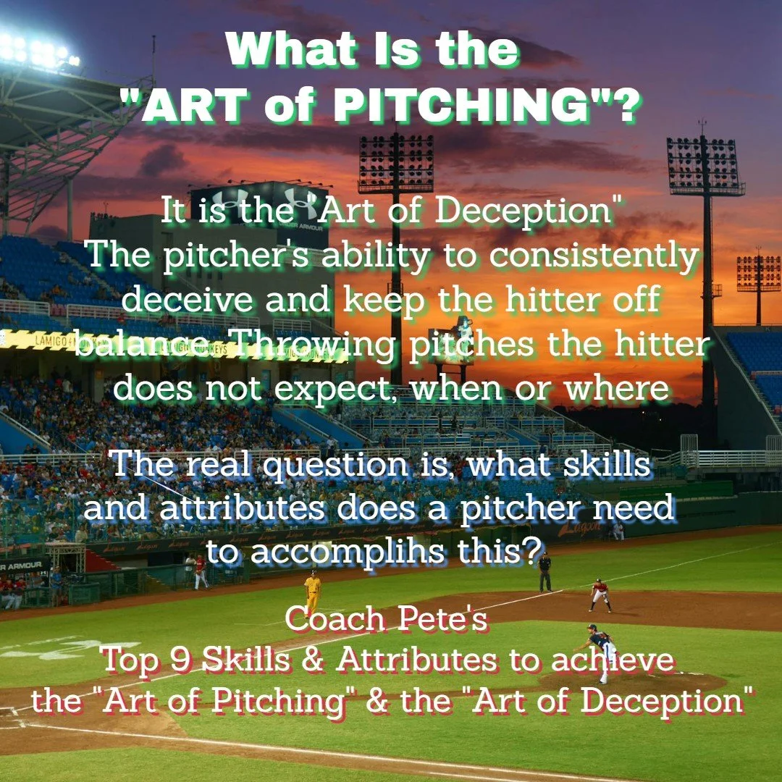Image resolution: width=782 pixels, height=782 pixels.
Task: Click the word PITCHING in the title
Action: point(461,106)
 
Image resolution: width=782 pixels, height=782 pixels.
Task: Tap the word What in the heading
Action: point(291,49)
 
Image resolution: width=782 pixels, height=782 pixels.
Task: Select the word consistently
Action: point(594,256)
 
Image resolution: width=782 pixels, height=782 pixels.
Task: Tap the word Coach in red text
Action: point(337,619)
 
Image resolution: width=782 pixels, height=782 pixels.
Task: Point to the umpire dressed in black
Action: point(545,573)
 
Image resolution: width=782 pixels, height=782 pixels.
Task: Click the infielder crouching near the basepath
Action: point(600,595)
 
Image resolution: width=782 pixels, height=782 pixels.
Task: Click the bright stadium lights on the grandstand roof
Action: point(38,51)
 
